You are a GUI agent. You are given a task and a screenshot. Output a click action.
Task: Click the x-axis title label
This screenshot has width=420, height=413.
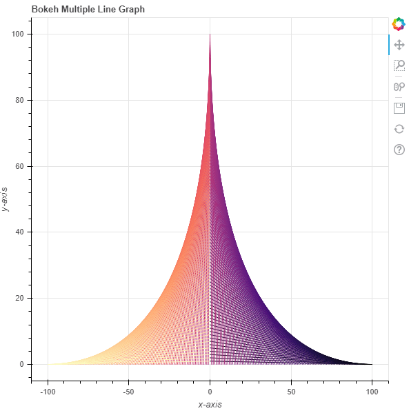[x=210, y=404]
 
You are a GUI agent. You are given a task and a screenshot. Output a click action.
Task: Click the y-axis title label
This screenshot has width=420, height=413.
[x=7, y=199]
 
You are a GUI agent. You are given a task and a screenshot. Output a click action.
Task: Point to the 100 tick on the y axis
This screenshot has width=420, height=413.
[x=19, y=34]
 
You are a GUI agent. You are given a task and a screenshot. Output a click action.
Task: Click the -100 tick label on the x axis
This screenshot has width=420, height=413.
[x=48, y=391]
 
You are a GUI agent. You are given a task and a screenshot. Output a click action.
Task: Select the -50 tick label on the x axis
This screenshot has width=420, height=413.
[x=128, y=391]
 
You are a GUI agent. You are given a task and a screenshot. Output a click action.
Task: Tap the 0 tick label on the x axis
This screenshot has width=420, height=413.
[x=210, y=391]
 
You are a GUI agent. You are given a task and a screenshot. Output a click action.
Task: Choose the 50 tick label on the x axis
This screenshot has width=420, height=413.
[x=291, y=391]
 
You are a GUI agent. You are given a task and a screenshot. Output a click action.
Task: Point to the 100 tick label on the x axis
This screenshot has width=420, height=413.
[x=372, y=391]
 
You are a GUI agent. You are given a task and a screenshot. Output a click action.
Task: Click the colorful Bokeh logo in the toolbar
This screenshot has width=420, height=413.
[x=399, y=24]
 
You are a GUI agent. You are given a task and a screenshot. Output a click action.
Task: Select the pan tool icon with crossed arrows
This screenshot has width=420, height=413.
[x=399, y=46]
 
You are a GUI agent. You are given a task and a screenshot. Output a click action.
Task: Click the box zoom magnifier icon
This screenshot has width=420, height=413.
[x=399, y=66]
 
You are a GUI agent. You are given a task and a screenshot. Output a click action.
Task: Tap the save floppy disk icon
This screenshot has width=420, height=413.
[x=399, y=108]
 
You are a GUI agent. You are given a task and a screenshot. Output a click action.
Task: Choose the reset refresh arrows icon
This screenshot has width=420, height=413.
[x=399, y=129]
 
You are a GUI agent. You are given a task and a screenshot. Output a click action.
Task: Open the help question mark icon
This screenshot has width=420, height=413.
[x=399, y=150]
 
